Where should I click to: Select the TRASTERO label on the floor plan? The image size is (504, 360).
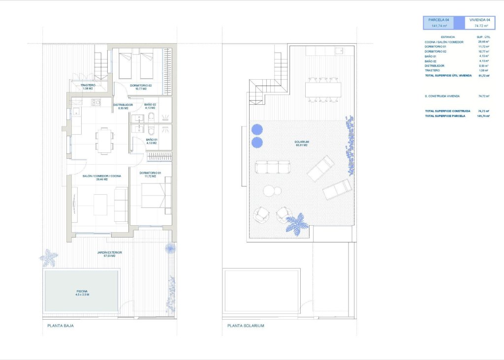88,87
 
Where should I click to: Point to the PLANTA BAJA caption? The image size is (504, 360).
61,326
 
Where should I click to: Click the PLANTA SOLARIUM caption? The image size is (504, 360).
246,326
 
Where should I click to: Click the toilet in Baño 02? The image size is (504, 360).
152,117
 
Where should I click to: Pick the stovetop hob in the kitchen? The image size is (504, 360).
95,103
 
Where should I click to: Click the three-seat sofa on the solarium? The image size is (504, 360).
273,167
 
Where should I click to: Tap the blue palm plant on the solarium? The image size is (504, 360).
297,224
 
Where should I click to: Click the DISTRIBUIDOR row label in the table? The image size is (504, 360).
435,65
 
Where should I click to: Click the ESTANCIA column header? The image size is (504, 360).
448,37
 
